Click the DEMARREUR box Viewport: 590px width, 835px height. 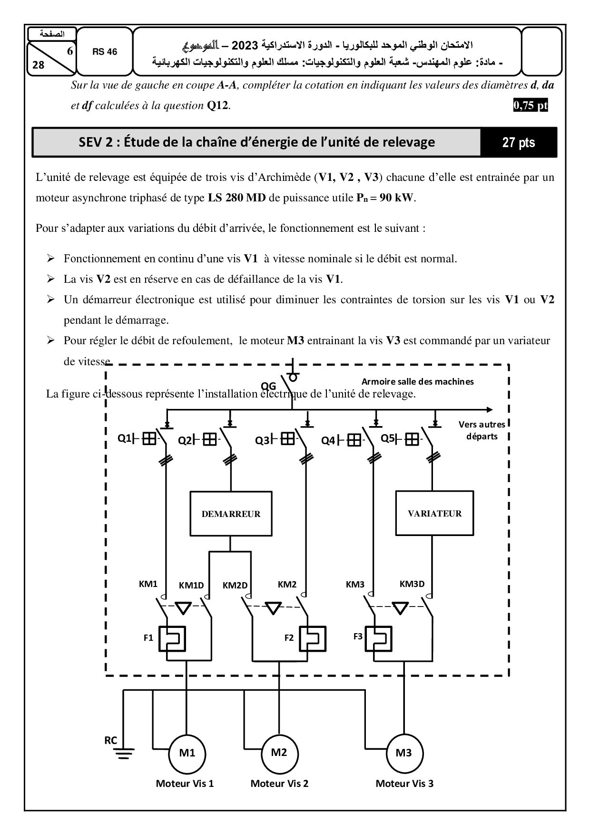[231, 514]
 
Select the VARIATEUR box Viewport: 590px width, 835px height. [434, 513]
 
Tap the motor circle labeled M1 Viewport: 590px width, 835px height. [187, 753]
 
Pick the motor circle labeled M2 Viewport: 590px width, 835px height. [279, 753]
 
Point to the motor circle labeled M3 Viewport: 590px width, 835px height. [403, 753]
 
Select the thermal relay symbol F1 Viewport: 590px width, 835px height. [171, 638]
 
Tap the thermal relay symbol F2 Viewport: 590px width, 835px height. [313, 638]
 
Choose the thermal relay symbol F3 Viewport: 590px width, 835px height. [378, 638]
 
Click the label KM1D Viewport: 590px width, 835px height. [191, 586]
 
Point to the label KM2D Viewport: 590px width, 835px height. [235, 586]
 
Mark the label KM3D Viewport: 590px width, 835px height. [412, 584]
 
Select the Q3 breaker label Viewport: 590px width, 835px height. [262, 440]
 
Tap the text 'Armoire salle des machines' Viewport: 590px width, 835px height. [417, 381]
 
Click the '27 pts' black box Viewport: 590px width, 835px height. [518, 142]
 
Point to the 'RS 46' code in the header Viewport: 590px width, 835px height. [105, 52]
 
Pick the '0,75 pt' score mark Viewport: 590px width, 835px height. [531, 105]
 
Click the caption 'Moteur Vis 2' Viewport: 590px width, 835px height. [279, 784]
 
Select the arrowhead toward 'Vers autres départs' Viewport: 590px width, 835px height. [490, 410]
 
